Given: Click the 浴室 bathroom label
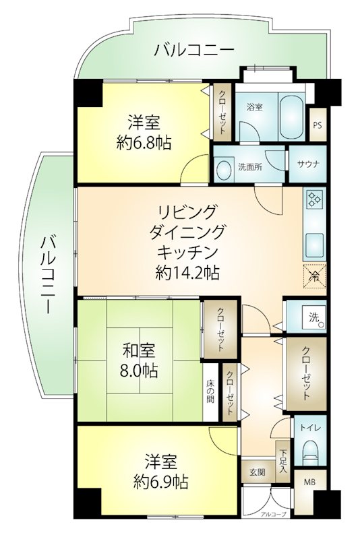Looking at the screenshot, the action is [x=254, y=107].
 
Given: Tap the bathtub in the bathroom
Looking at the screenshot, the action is [x=292, y=116].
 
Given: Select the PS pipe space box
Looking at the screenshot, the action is [x=318, y=125].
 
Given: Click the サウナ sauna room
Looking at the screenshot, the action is [x=307, y=164].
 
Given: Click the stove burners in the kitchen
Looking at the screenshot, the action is [x=314, y=199].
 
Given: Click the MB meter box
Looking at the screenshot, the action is [x=309, y=482].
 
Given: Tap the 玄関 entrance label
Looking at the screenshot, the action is [x=258, y=472].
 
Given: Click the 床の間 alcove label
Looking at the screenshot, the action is [x=210, y=391].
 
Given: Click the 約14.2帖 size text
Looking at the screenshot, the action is [x=187, y=274].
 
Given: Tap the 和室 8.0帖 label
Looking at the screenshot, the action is [x=140, y=360].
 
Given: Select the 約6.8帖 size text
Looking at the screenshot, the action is [x=144, y=142].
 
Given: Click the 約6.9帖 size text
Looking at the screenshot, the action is [x=161, y=482].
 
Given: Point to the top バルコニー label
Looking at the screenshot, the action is [x=194, y=50].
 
